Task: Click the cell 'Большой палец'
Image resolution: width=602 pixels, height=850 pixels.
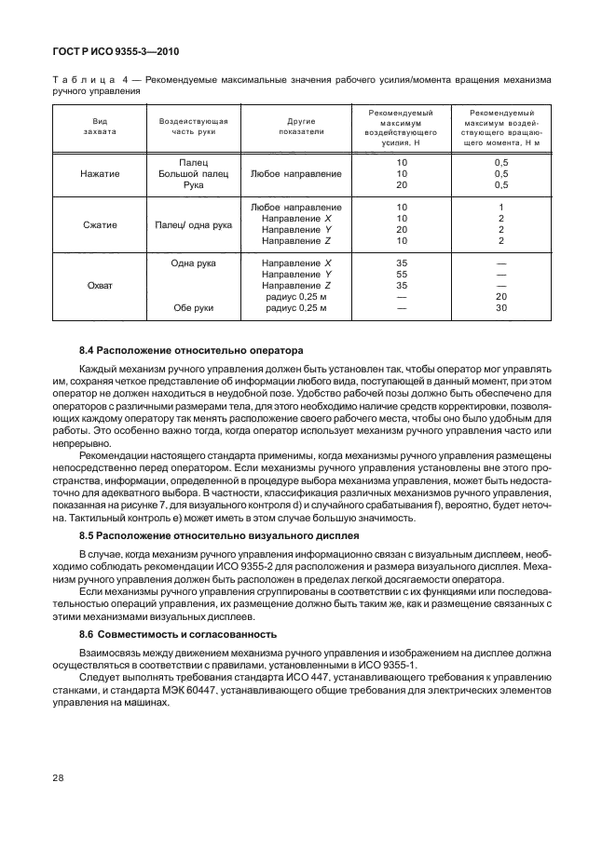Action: pos(194,173)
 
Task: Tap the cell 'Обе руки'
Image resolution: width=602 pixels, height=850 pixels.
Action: pos(194,307)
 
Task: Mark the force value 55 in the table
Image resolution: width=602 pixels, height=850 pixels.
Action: pos(402,275)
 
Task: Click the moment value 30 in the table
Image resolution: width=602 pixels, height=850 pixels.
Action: pos(500,307)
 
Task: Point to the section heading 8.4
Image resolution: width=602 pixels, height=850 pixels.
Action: pos(192,351)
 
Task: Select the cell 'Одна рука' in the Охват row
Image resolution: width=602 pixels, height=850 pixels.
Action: pos(194,263)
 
